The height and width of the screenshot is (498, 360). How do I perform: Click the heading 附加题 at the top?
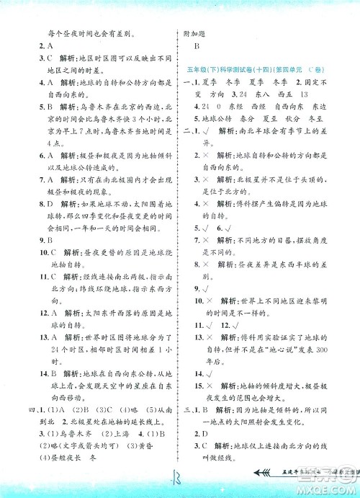pos(197,34)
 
